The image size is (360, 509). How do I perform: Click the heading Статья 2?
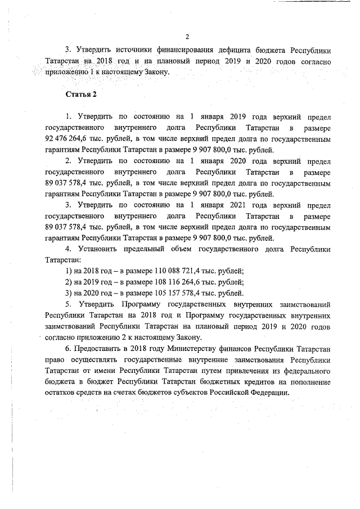point(81,94)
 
